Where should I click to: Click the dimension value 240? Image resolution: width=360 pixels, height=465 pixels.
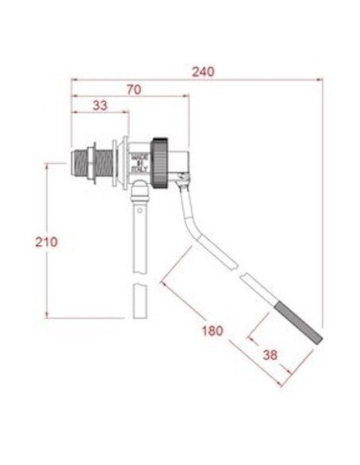point(203,71)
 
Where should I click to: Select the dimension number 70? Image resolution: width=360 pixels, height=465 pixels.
point(133,89)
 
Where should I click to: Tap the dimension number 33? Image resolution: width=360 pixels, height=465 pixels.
point(100,105)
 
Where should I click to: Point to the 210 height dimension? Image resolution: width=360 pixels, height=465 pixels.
point(47,241)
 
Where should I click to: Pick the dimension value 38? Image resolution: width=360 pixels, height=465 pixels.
point(270,356)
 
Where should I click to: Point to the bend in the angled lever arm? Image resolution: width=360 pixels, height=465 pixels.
point(198,235)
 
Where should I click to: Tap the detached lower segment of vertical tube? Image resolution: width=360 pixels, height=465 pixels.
point(139,300)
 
